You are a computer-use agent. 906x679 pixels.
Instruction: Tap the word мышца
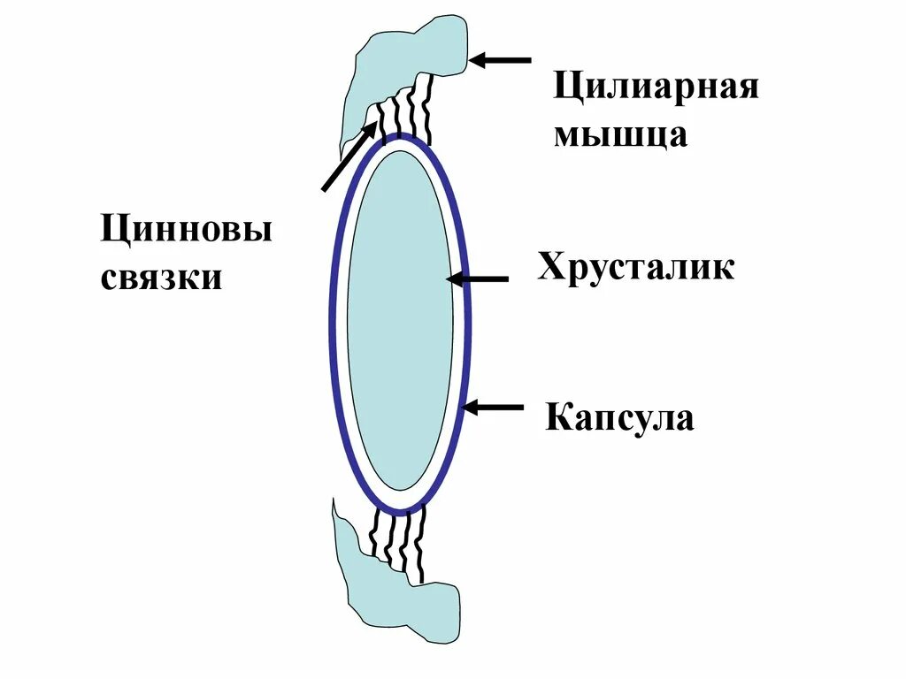point(620,135)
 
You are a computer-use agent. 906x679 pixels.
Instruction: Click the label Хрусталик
point(635,266)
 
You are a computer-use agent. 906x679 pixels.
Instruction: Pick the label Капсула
point(619,416)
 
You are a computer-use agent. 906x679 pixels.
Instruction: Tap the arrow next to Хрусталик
point(477,279)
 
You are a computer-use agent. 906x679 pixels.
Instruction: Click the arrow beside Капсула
point(493,408)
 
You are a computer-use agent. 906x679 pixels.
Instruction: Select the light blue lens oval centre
point(400,320)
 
